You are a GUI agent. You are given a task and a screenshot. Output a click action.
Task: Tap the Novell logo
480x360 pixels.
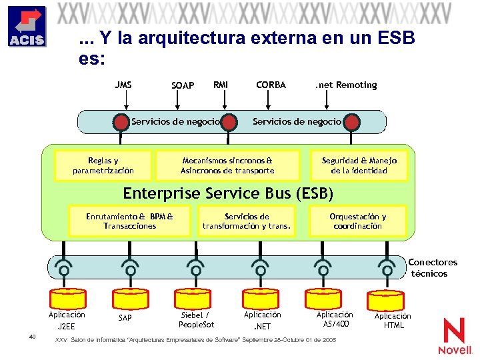(x=455, y=336)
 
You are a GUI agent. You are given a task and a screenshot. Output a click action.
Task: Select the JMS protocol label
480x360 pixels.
(x=123, y=85)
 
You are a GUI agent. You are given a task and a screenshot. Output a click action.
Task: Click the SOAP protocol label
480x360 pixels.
(x=183, y=85)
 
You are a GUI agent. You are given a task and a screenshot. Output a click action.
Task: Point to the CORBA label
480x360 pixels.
(x=271, y=85)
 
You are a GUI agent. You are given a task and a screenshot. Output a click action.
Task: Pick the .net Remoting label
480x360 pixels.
(x=345, y=85)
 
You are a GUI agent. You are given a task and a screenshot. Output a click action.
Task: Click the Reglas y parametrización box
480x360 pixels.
(x=103, y=165)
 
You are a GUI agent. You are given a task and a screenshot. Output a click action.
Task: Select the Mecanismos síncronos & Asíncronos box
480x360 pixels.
(x=227, y=165)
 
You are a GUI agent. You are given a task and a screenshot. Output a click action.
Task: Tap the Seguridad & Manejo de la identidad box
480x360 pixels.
(x=359, y=165)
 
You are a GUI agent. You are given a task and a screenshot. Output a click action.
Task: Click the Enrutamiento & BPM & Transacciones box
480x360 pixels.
(x=129, y=221)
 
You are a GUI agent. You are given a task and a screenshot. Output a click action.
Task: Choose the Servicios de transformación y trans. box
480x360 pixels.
(x=247, y=221)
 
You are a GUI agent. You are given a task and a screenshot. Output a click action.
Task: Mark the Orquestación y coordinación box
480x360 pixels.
(x=357, y=221)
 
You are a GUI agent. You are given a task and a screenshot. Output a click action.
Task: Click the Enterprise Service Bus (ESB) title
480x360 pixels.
(x=227, y=193)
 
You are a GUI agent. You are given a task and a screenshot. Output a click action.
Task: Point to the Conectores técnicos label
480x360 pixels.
(x=432, y=268)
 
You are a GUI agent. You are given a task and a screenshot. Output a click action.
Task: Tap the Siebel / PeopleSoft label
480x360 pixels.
(x=196, y=319)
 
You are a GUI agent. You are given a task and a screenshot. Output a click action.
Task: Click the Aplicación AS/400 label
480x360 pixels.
(x=335, y=319)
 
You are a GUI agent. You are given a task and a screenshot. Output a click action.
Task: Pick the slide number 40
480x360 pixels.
(x=32, y=336)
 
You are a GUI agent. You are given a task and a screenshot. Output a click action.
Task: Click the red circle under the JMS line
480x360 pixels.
(x=121, y=123)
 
